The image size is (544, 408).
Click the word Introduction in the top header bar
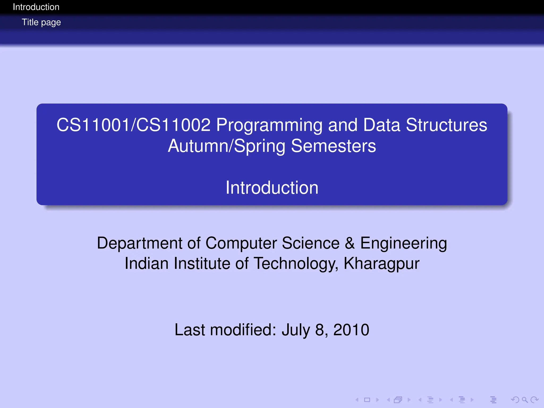tap(36, 7)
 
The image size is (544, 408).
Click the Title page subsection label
tap(41, 22)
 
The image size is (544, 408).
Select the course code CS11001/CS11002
tap(133, 125)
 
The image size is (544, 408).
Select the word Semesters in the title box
tap(333, 146)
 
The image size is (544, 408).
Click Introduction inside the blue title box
tap(272, 188)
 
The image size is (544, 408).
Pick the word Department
tap(140, 243)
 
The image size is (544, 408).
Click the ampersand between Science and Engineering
tap(350, 243)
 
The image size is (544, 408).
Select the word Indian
tap(147, 263)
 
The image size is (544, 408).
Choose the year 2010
tap(351, 330)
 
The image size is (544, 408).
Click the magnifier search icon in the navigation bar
tap(525, 399)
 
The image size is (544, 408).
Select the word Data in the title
tap(381, 125)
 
